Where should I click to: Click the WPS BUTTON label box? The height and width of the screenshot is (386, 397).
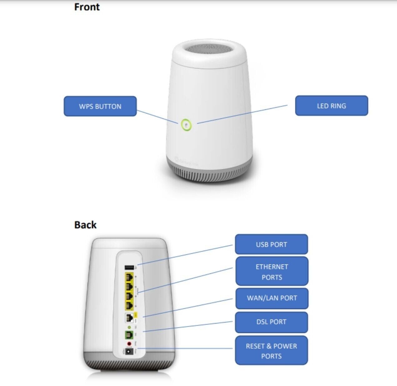pos(100,106)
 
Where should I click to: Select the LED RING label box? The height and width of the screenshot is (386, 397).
pos(331,106)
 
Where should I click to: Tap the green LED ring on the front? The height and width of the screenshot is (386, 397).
pos(186,125)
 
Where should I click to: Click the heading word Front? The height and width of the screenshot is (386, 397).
pos(87,7)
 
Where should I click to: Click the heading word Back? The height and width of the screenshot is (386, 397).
pos(85,225)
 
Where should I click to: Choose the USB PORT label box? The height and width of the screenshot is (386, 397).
pos(271,244)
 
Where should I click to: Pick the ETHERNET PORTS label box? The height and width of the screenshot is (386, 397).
pos(272,271)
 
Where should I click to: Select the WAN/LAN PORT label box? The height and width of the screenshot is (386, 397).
pos(272,298)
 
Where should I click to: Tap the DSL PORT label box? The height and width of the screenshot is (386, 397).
pos(271,322)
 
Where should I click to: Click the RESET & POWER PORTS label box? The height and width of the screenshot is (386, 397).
pos(271,351)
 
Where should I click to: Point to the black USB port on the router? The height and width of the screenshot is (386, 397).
pos(129,268)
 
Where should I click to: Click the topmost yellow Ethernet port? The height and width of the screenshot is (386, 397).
pos(129,277)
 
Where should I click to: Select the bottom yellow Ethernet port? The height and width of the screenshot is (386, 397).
pos(129,305)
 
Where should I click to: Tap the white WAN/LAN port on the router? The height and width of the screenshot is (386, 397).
pos(129,318)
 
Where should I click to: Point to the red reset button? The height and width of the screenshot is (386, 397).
pos(129,344)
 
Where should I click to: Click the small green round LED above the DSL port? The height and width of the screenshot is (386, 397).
pos(129,327)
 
